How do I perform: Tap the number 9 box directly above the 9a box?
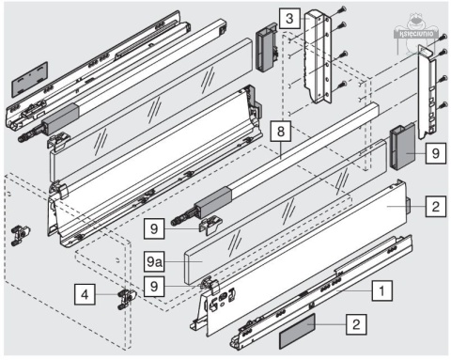pyautogui.click(x=156, y=226)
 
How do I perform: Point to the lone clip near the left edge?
pyautogui.click(x=21, y=233)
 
